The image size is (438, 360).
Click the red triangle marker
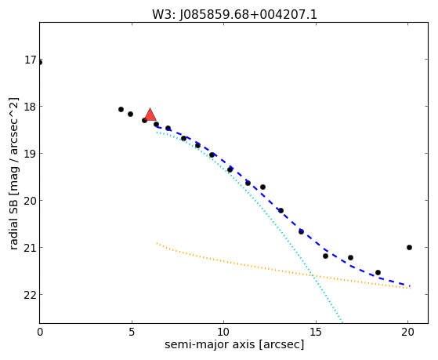coord(150,115)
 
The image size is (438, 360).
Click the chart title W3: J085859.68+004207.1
coord(234,15)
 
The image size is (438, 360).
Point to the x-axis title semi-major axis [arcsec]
coord(234,344)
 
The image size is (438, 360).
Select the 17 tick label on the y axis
coord(31,60)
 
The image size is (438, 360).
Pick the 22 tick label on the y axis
coord(31,295)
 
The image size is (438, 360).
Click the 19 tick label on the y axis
coord(31,154)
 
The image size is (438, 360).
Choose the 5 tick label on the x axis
coord(132,332)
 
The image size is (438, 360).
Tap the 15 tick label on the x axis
coord(316,332)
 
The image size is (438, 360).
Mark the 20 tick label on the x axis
coord(408,332)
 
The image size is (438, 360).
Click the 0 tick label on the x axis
coord(40,332)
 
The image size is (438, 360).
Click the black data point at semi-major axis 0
coord(40,63)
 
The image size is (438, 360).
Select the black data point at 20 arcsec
coord(409,247)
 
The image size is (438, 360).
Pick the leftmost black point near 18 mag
coord(121,109)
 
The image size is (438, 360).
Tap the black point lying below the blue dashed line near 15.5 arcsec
coord(325,256)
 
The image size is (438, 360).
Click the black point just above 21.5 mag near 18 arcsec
coord(378,272)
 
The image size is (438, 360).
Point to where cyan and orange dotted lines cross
coord(313,275)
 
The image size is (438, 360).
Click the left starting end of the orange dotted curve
coord(157,243)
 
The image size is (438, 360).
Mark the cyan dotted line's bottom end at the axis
coord(342,322)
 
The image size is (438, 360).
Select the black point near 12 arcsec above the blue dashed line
coord(262,187)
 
